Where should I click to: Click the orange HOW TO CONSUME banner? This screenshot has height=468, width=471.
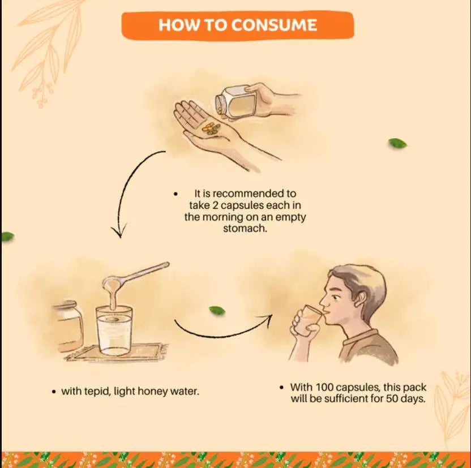tap(238, 25)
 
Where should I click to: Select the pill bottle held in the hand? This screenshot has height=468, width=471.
tap(236, 101)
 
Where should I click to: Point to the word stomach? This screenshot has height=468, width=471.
tap(245, 229)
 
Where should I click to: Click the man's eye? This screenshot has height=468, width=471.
tap(336, 298)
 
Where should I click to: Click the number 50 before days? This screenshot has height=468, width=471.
tap(392, 398)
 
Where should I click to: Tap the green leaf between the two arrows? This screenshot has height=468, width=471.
tap(217, 310)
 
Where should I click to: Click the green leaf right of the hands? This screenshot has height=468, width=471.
tap(397, 144)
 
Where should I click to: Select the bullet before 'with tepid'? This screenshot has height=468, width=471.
tap(54, 392)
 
